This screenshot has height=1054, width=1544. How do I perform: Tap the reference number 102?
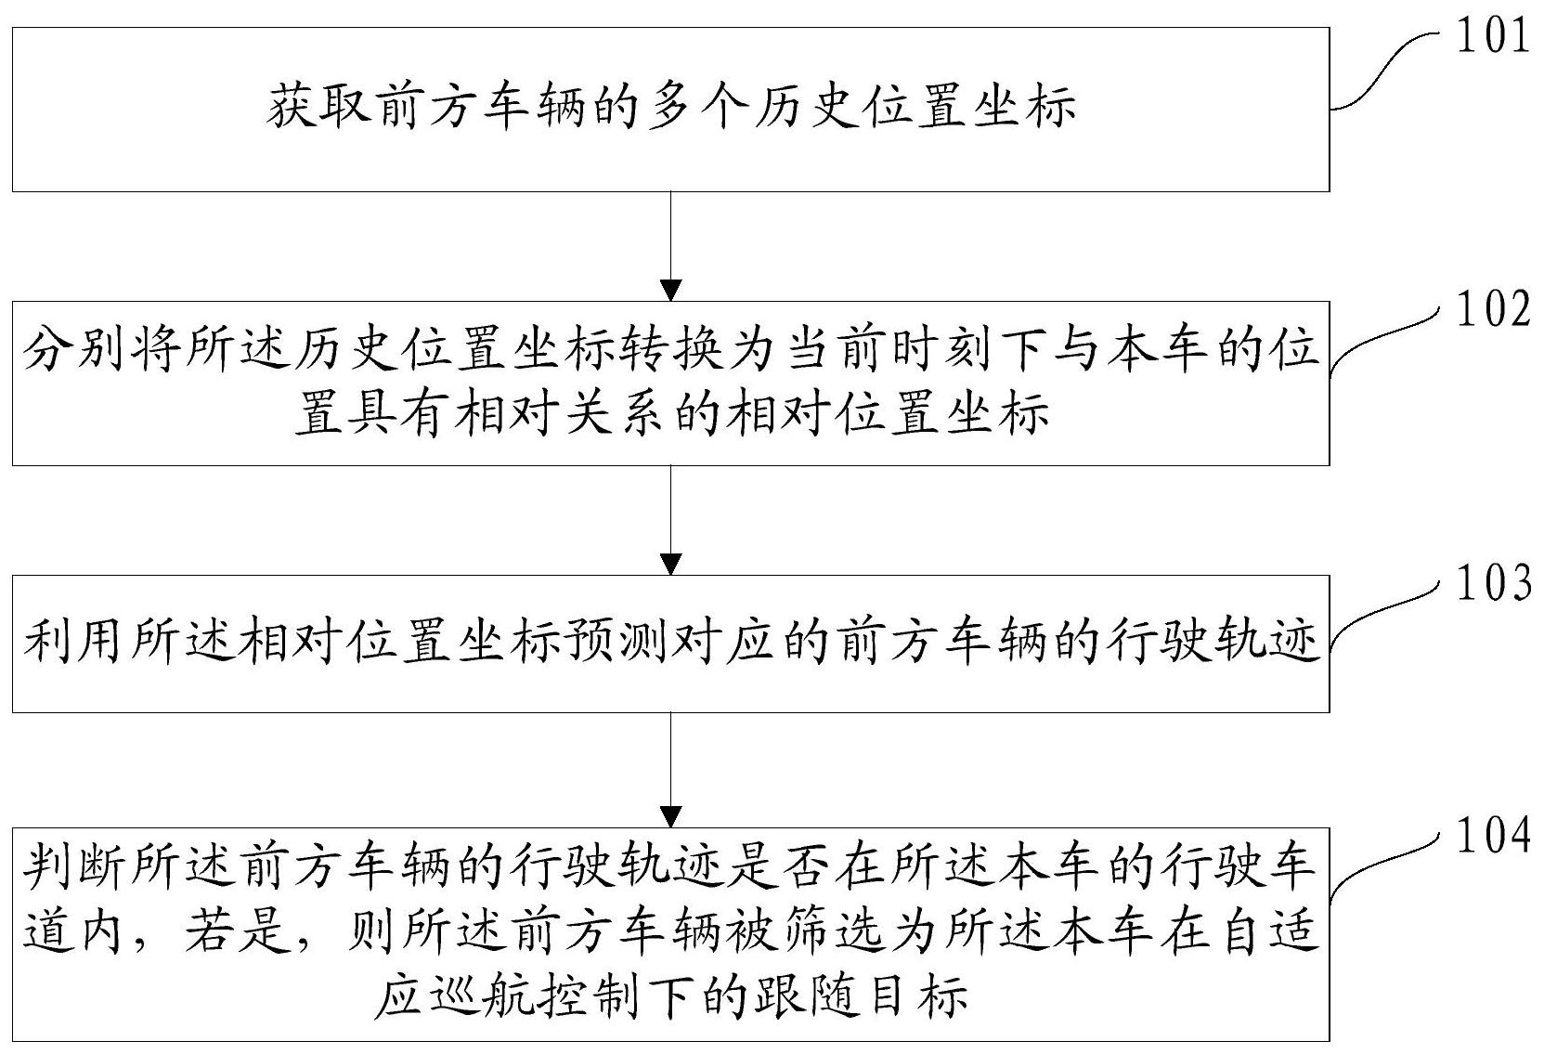point(1491,309)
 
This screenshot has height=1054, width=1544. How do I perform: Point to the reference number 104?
point(1491,837)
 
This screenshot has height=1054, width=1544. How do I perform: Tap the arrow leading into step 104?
point(670,770)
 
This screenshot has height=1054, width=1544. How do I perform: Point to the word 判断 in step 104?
point(76,865)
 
